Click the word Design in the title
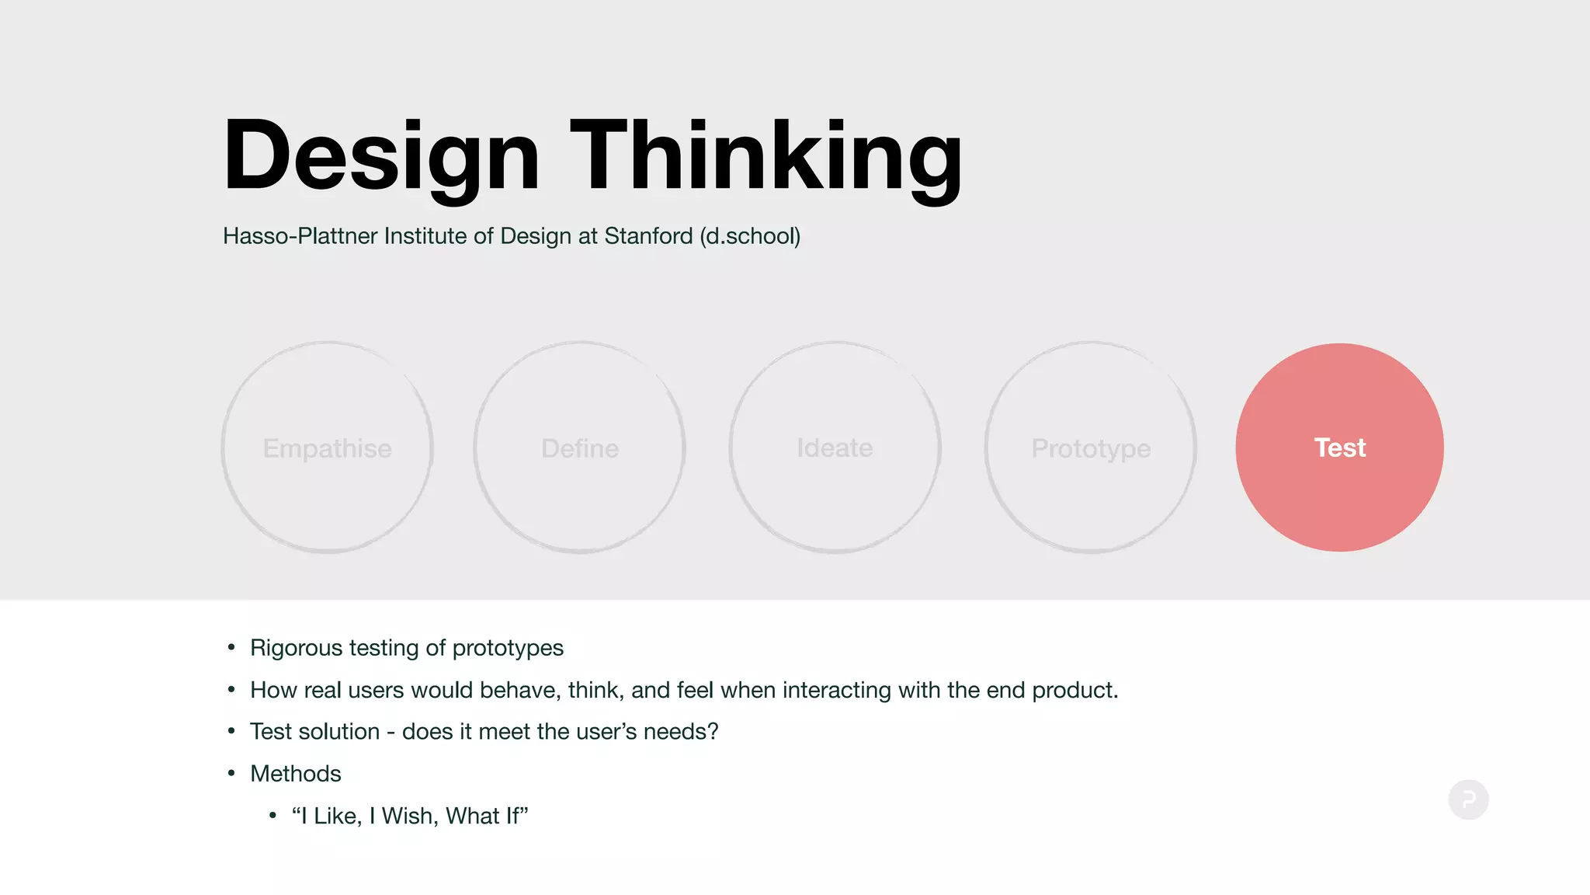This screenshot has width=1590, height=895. click(x=380, y=155)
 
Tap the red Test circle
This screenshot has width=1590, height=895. click(x=1339, y=447)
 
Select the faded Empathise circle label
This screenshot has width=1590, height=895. click(x=327, y=448)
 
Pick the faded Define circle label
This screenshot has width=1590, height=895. click(x=580, y=448)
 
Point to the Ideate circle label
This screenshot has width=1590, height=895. click(x=835, y=447)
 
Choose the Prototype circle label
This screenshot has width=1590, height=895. click(x=1091, y=448)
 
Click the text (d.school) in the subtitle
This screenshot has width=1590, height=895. click(x=750, y=236)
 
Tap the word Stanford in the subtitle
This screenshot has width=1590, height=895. click(x=648, y=236)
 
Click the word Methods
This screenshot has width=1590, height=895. click(x=296, y=774)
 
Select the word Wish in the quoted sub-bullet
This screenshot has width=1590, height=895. click(x=408, y=816)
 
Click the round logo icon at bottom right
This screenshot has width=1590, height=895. click(x=1468, y=799)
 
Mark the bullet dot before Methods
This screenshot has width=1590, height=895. click(x=231, y=773)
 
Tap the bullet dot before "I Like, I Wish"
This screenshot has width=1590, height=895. click(x=273, y=815)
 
